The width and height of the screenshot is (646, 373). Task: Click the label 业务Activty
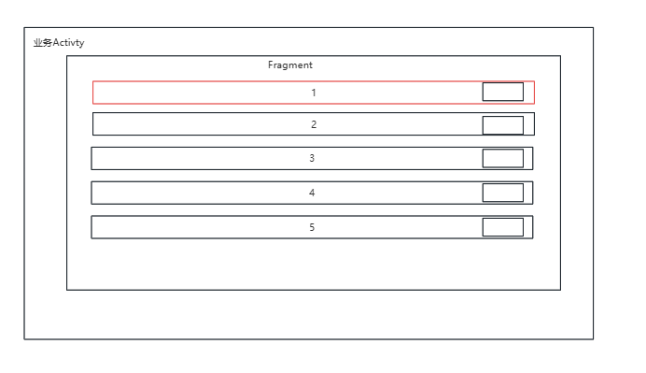click(58, 42)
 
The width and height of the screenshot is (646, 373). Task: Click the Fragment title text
click(290, 65)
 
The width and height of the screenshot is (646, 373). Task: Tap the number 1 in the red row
click(314, 93)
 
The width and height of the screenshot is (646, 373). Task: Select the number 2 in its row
click(314, 124)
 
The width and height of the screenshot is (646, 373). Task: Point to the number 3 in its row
click(312, 159)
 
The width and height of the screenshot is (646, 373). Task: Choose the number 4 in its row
click(312, 193)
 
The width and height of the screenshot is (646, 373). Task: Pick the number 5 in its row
click(312, 227)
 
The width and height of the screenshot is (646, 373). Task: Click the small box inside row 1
click(502, 92)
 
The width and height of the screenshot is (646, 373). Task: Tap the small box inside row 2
click(502, 125)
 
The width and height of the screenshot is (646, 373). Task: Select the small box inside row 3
click(502, 158)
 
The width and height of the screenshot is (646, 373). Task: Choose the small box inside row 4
click(502, 193)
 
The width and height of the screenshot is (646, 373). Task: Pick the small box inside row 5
click(502, 227)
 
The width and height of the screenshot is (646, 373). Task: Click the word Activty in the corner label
click(69, 42)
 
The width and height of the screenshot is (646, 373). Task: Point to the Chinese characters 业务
click(42, 42)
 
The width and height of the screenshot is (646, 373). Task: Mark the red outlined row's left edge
click(92, 93)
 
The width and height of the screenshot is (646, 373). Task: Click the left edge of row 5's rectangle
click(91, 227)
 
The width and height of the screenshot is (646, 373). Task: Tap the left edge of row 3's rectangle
click(91, 159)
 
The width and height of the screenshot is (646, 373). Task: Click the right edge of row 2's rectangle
click(534, 124)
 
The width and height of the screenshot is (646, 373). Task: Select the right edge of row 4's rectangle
click(532, 193)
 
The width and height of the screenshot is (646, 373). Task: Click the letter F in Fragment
click(271, 65)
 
